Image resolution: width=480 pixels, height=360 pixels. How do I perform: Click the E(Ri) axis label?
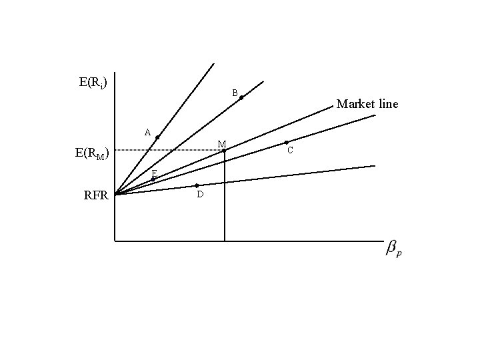93,83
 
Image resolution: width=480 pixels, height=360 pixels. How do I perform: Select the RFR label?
96,195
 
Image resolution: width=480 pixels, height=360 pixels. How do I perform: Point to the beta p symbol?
394,249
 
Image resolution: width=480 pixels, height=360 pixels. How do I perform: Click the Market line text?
367,104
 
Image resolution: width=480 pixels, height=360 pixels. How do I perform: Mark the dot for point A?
157,137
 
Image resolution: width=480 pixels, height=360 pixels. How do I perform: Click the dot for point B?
241,98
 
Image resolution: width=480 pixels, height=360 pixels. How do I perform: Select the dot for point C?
286,142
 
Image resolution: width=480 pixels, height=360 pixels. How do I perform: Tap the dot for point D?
197,185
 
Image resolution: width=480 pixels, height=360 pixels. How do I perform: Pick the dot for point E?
153,179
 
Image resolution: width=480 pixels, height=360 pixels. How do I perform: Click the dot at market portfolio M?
225,150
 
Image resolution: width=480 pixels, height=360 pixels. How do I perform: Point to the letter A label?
147,131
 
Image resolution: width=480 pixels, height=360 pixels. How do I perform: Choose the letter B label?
235,92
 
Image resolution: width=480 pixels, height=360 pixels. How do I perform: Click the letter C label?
290,151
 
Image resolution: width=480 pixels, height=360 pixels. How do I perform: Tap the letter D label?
200,195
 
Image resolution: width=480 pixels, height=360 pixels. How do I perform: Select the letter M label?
221,143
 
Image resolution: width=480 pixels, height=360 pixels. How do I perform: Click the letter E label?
153,173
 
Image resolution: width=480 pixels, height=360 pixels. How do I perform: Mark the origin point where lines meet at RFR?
115,194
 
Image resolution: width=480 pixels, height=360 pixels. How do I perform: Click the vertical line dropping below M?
225,200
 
